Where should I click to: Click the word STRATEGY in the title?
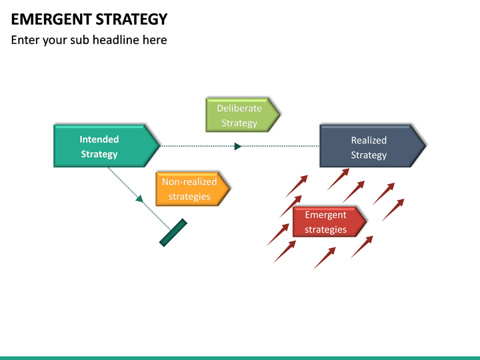tap(131, 19)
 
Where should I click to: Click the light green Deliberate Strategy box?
tap(240, 115)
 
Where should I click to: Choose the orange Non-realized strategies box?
tap(191, 189)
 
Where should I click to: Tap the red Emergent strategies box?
tap(327, 222)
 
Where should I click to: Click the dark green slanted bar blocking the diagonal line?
tap(173, 233)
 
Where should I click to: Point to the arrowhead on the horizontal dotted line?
tap(238, 146)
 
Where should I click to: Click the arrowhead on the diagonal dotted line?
tap(139, 198)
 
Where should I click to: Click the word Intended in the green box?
tap(99, 139)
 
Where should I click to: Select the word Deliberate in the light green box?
tap(239, 108)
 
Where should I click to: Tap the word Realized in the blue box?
tap(369, 140)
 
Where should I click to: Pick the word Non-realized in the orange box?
tap(189, 181)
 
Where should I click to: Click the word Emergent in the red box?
tap(325, 215)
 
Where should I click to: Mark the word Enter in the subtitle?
tap(25, 40)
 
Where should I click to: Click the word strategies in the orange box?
tap(189, 197)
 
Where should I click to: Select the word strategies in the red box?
tap(325, 230)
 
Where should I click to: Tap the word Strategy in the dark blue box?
tap(369, 155)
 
